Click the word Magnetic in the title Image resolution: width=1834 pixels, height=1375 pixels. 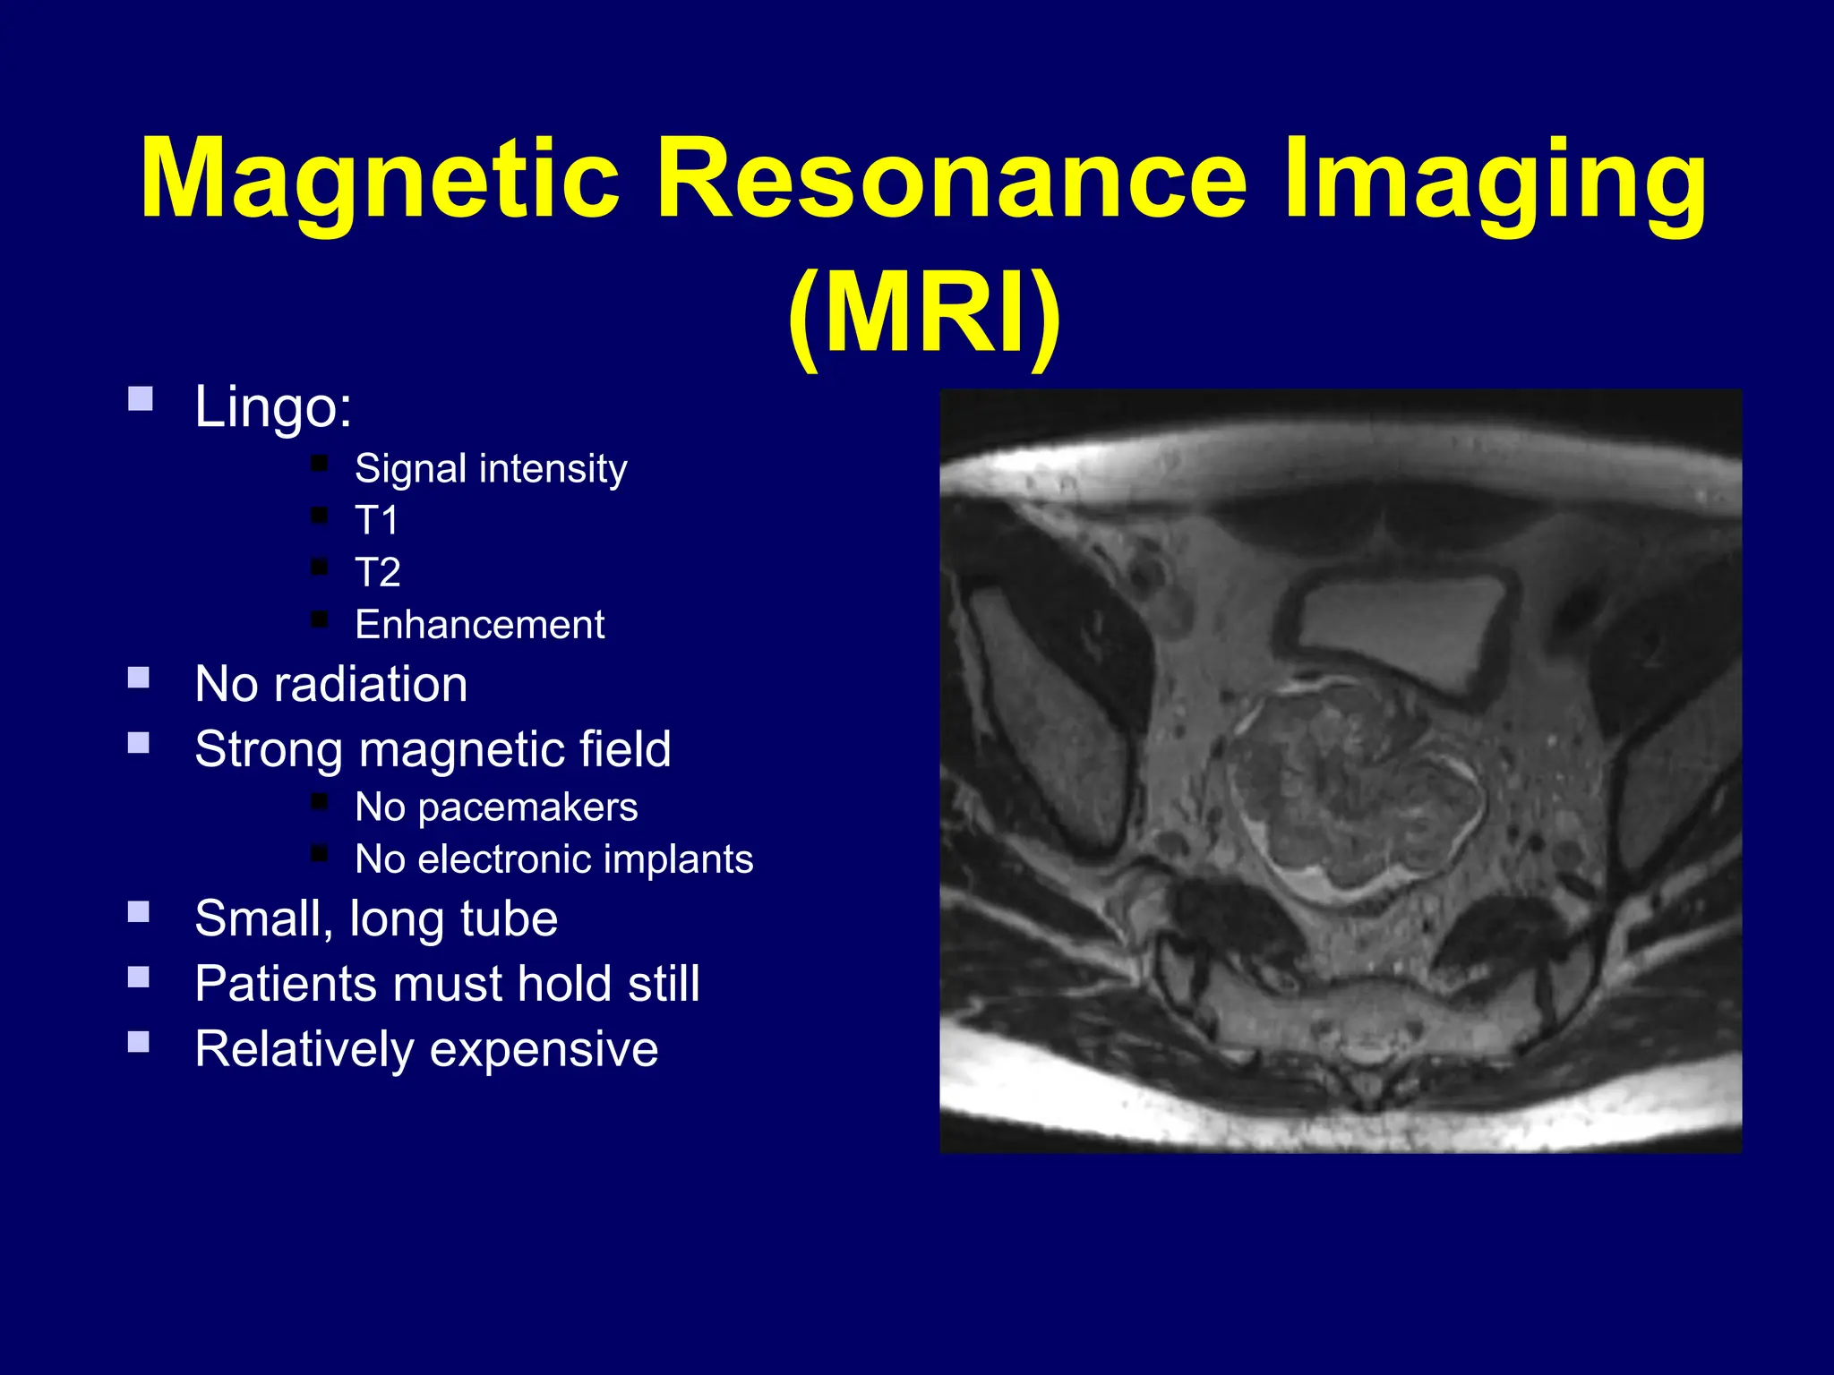point(380,179)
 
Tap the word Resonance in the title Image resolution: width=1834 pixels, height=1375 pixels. point(951,179)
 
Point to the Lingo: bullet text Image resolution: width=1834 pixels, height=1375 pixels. point(273,407)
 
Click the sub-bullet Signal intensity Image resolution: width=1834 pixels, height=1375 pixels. point(491,469)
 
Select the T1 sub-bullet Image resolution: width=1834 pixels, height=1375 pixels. point(376,520)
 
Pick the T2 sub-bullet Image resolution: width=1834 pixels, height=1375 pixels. point(377,572)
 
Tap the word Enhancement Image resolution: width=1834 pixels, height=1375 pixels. point(479,625)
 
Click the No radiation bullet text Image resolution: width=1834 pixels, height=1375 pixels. point(330,685)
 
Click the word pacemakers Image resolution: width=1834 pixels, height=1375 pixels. point(527,807)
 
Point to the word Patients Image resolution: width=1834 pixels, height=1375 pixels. point(286,984)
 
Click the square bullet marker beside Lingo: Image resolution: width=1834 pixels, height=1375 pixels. point(141,398)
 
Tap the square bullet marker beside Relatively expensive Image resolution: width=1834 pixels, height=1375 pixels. point(139,1041)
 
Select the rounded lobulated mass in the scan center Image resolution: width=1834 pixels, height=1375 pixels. point(1352,788)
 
